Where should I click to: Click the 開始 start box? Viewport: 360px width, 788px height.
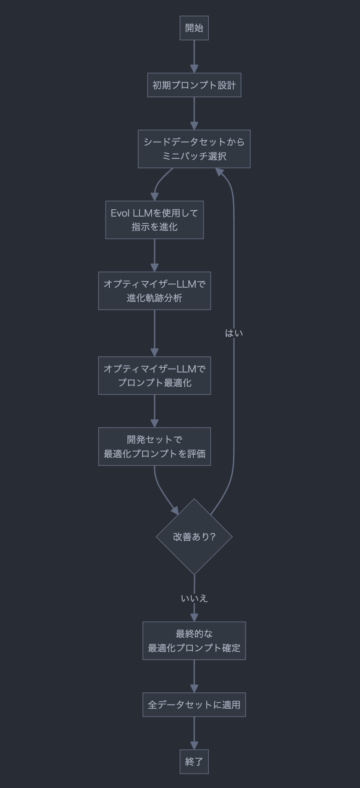194,28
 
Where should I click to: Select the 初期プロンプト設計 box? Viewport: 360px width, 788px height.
194,85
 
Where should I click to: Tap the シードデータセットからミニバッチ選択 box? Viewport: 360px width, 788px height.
194,149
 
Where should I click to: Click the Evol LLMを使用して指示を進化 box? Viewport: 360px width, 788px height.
154,220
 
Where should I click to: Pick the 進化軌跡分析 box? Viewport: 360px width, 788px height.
154,291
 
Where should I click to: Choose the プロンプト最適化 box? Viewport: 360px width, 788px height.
154,375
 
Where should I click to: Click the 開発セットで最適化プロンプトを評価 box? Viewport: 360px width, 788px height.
154,447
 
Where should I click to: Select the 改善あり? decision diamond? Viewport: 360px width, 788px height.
194,537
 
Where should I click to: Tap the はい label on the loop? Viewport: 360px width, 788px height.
234,333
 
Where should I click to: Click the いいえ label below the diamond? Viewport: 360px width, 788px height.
194,598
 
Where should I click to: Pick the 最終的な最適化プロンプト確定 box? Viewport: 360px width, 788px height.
194,640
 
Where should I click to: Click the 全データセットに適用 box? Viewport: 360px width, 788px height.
194,704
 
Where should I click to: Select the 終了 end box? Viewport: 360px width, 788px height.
194,761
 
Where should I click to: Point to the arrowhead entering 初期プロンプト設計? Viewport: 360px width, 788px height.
194,69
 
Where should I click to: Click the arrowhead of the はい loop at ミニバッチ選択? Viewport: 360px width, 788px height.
220,172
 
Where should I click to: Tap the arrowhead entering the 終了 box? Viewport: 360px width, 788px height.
194,745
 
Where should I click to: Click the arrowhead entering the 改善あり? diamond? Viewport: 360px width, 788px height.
174,511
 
